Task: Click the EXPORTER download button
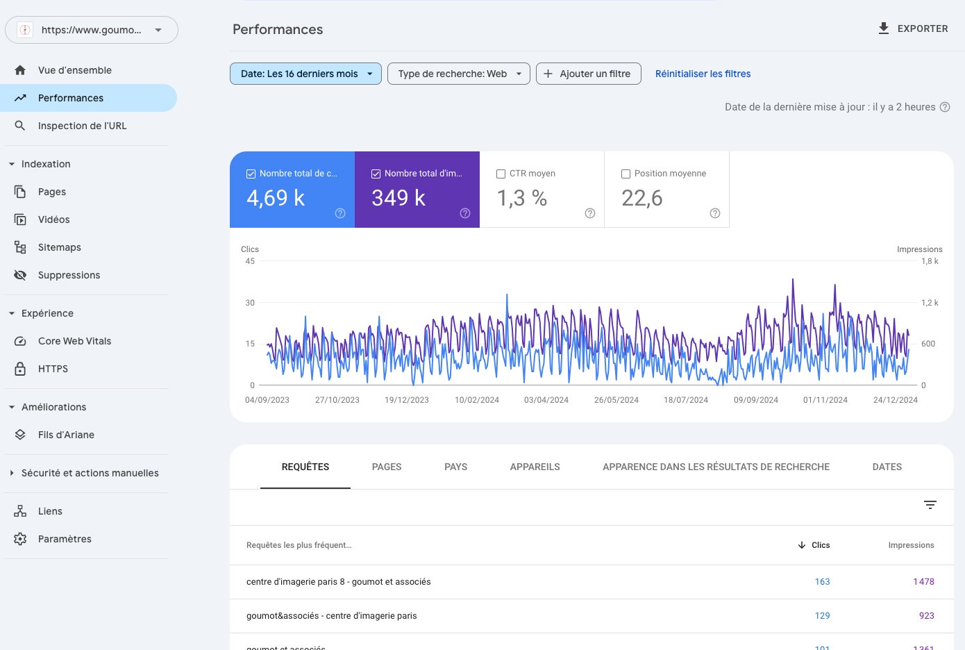pos(913,28)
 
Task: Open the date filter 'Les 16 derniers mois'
pos(305,74)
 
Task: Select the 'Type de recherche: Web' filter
pos(458,74)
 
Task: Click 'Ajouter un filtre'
pos(588,74)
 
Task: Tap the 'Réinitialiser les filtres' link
pos(703,74)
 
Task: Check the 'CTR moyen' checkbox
pos(501,174)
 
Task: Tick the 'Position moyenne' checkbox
pos(626,174)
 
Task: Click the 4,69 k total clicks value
pos(276,198)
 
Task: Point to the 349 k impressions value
pos(398,198)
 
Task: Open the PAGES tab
pos(387,467)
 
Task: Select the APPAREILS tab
pos(535,467)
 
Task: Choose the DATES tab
pos(887,467)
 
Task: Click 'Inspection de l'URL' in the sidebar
pos(83,126)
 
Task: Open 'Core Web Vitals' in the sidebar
pos(74,341)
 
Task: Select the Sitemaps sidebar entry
pos(60,247)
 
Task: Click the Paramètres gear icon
pos(20,539)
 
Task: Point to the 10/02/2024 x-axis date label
pos(477,400)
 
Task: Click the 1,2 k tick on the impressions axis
pos(930,303)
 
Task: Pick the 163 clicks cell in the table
pos(822,581)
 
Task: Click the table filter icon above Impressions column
pos(930,505)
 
